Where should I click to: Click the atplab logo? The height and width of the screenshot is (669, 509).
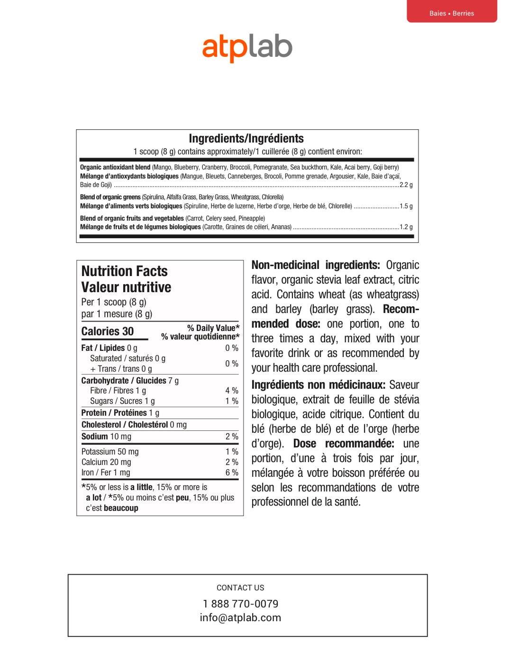(247, 48)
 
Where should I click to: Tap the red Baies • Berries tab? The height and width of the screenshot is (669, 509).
(452, 12)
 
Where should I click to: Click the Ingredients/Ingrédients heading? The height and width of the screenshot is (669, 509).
(246, 138)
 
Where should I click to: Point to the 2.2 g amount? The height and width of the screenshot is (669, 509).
(406, 185)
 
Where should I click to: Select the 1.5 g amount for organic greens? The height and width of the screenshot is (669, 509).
(406, 206)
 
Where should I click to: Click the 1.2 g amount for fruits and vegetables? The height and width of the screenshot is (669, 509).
(406, 227)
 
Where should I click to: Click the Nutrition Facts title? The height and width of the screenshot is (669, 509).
(125, 271)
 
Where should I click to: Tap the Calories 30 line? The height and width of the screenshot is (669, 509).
(108, 331)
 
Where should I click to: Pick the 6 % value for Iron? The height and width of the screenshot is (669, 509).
(232, 473)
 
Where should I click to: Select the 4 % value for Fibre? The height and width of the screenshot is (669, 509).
(232, 391)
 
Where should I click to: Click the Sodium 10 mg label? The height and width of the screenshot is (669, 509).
(106, 437)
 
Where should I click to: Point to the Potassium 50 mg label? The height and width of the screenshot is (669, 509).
(110, 452)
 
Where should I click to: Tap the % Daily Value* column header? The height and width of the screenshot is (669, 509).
(213, 328)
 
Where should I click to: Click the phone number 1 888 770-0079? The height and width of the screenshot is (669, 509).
(240, 604)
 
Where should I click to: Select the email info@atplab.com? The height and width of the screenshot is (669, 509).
(240, 617)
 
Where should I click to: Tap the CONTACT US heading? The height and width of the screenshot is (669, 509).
(240, 588)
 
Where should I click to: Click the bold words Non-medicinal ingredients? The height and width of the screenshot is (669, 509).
(316, 265)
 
